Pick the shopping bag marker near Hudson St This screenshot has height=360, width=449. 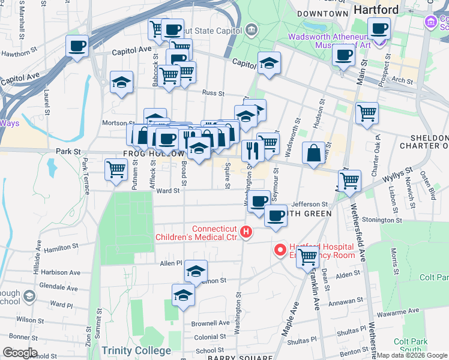pyautogui.click(x=313, y=154)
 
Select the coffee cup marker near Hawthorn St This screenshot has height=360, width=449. pyautogui.click(x=77, y=46)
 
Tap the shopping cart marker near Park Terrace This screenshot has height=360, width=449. pyautogui.click(x=116, y=169)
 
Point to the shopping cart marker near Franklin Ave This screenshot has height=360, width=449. pyautogui.click(x=308, y=257)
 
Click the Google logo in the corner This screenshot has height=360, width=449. pyautogui.click(x=20, y=353)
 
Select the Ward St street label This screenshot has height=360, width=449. pyautogui.click(x=168, y=191)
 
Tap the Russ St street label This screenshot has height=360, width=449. pyautogui.click(x=213, y=93)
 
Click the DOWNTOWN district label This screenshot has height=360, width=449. pyautogui.click(x=322, y=13)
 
